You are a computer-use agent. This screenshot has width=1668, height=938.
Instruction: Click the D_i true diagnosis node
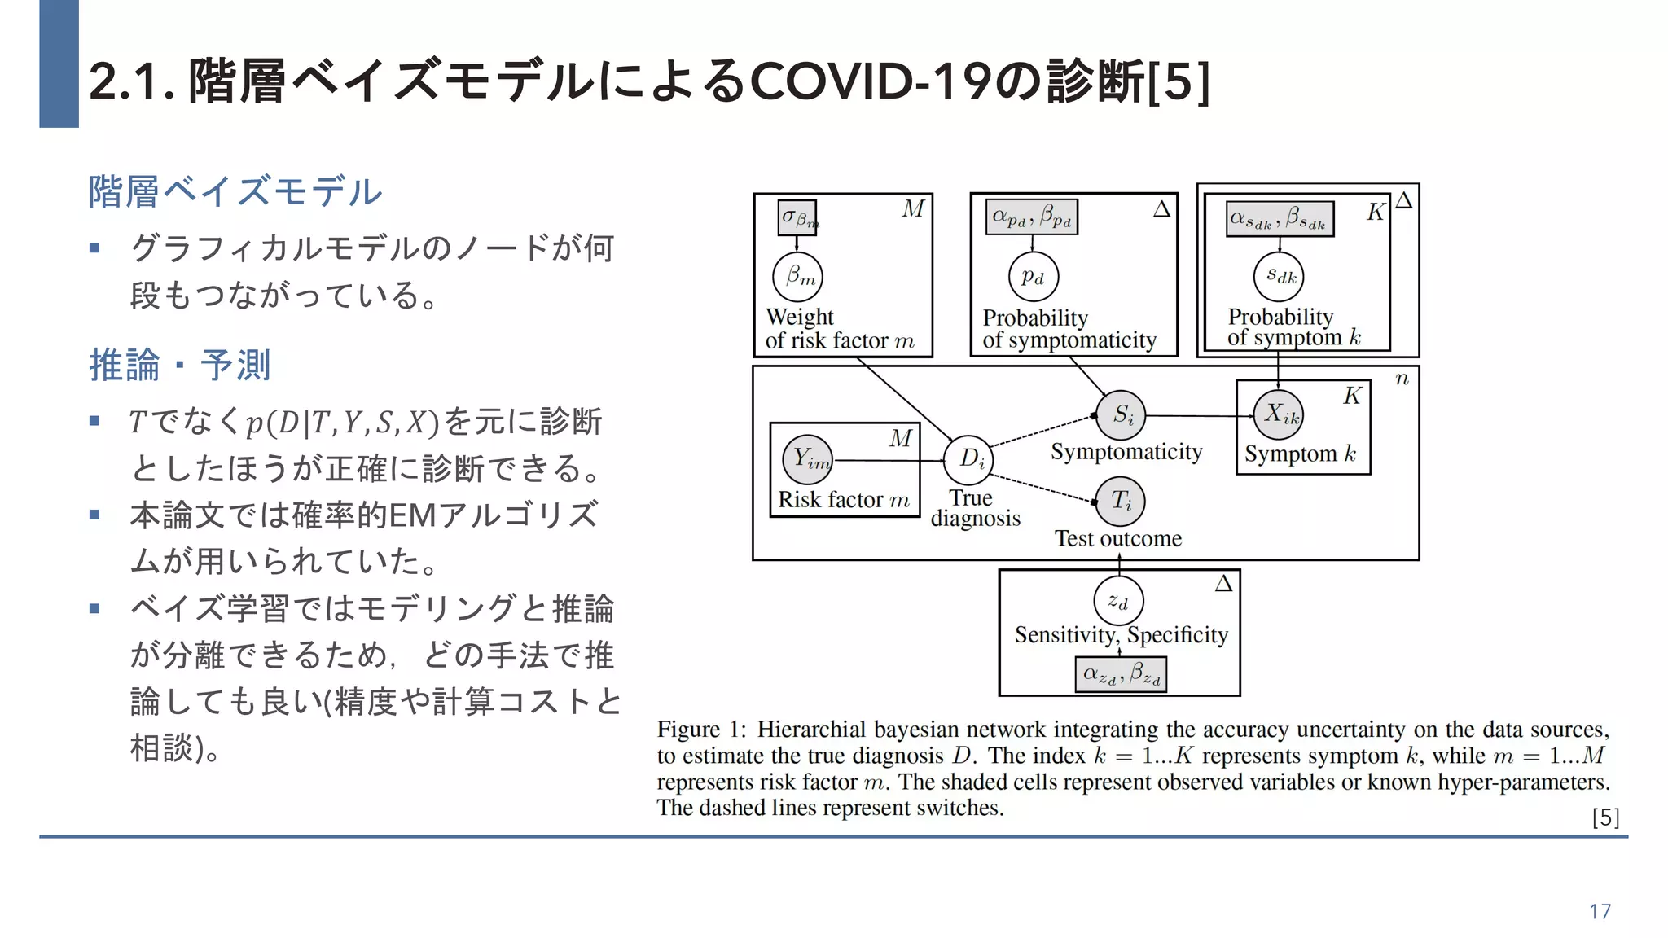click(968, 460)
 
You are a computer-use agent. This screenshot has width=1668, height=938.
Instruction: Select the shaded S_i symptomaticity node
click(1121, 415)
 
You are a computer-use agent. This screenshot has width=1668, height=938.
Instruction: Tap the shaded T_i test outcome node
click(1121, 501)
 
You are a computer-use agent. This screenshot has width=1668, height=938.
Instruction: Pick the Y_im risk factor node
click(807, 460)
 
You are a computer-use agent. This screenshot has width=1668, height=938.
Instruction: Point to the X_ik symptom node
click(1279, 415)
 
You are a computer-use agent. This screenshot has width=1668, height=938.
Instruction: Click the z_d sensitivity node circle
click(1118, 602)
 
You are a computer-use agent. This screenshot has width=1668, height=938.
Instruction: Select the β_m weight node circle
click(798, 278)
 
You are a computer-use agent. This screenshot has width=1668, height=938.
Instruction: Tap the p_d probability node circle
click(1034, 278)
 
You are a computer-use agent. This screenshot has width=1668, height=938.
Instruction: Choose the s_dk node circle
click(1279, 277)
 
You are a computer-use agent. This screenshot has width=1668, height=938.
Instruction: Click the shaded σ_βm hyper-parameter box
click(797, 217)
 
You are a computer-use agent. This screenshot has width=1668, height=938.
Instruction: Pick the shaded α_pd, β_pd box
click(1032, 217)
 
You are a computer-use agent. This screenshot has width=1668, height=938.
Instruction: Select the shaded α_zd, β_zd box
click(1121, 674)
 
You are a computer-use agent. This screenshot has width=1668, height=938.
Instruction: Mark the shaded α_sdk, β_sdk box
click(1280, 219)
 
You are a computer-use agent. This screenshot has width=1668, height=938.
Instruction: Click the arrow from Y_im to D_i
click(888, 461)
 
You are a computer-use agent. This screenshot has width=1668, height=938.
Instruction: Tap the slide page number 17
click(1600, 911)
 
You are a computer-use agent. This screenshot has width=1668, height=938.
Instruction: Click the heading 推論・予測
click(180, 365)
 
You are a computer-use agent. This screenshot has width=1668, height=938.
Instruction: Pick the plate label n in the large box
click(1402, 379)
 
